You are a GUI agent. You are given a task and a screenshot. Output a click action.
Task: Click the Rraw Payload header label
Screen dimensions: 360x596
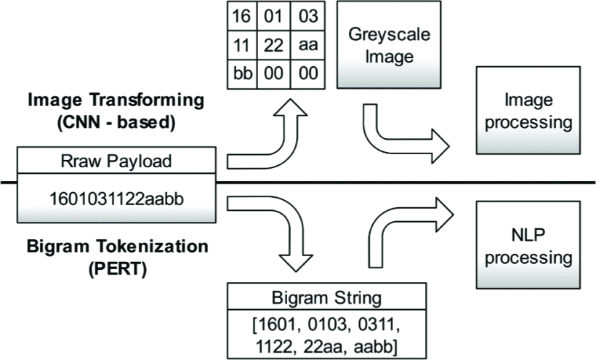click(117, 161)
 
